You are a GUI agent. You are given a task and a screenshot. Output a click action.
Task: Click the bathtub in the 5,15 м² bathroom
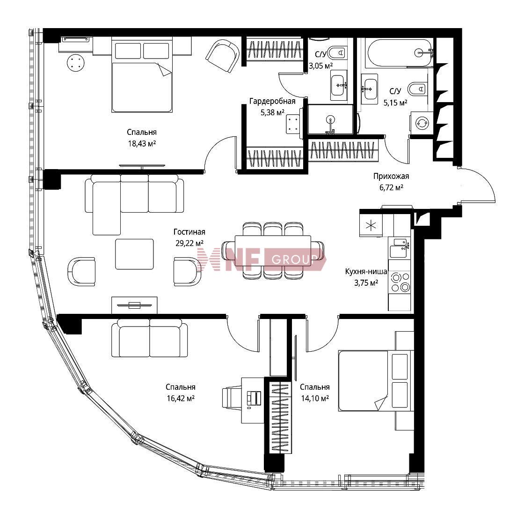pos(400,53)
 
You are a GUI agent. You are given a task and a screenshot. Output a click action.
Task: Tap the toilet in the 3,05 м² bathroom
pos(337,52)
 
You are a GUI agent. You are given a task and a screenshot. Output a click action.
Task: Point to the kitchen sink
pos(399,248)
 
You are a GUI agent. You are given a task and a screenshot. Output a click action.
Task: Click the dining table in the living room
pos(273,251)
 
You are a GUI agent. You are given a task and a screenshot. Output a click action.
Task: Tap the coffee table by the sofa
pos(134,254)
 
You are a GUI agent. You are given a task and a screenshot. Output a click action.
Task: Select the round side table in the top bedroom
pos(75,63)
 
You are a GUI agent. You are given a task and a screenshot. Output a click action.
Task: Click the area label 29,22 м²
pos(189,243)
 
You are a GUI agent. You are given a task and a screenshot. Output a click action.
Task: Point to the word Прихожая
pos(391,176)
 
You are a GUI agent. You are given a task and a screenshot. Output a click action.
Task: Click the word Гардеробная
pos(272,101)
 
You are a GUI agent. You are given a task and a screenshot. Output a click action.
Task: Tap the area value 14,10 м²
pos(315,398)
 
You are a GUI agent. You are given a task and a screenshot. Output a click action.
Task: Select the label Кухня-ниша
pos(366,271)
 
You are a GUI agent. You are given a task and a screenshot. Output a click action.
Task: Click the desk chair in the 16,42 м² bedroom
pos(232,398)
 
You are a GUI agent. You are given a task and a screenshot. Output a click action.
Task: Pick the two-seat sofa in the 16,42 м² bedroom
pos(149,338)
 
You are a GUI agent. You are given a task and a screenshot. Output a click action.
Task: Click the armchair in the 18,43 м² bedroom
pos(223,56)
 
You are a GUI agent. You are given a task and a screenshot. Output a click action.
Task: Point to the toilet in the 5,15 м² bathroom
pos(418,89)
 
